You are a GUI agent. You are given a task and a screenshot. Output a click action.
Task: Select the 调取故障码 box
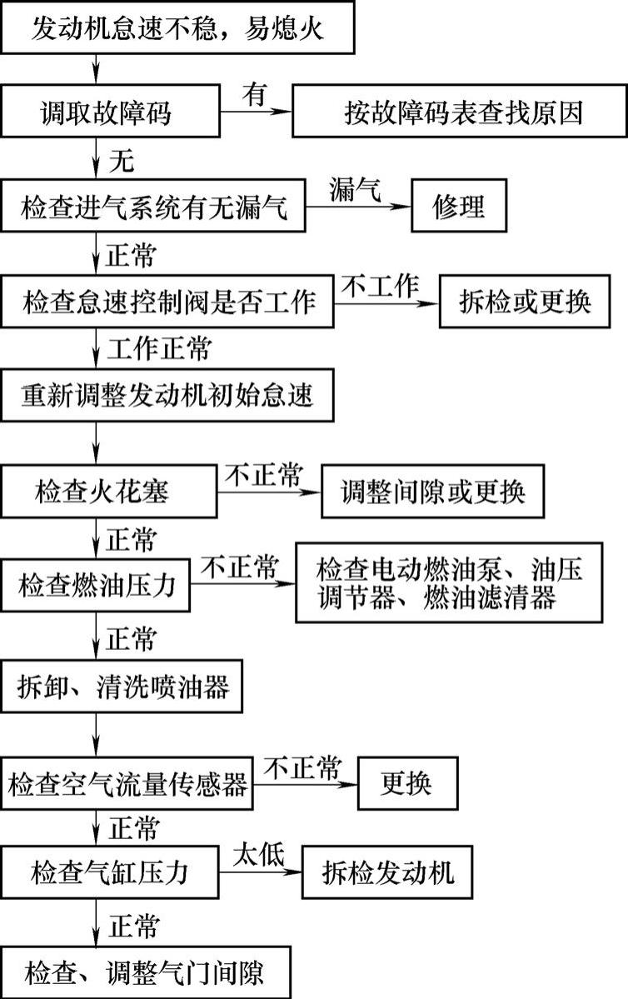(x=110, y=111)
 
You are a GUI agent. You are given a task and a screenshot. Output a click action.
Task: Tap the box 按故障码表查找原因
(x=458, y=112)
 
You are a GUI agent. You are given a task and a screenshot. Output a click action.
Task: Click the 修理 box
(x=460, y=207)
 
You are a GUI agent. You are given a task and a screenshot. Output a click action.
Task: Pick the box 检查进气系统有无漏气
(x=155, y=207)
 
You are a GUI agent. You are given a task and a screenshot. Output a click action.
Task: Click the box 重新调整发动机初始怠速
(x=167, y=395)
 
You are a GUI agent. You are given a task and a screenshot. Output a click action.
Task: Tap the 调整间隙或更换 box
(x=433, y=492)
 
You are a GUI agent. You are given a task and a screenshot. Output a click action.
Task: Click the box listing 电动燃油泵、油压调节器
(x=448, y=583)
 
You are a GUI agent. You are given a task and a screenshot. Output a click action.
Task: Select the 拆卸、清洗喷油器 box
(x=122, y=687)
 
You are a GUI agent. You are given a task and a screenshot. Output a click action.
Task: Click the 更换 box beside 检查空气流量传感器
(x=407, y=783)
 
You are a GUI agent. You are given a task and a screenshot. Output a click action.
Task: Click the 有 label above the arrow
(x=255, y=95)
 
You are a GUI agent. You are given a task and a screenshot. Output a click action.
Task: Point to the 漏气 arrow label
(x=356, y=191)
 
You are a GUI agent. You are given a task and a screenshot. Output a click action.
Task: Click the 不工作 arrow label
(x=379, y=286)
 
